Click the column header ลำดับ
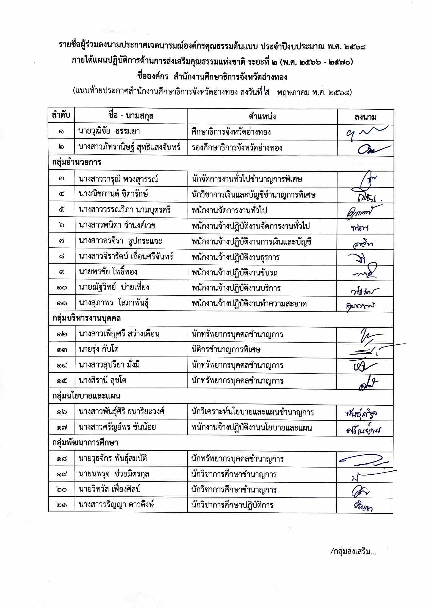tap(61, 116)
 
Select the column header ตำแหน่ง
tap(262, 117)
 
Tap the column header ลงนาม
tap(365, 117)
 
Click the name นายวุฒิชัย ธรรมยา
tap(109, 131)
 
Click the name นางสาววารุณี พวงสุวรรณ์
tap(118, 179)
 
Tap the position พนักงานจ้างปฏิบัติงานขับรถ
tap(235, 272)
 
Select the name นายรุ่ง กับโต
tap(99, 350)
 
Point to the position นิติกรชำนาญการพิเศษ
tap(226, 350)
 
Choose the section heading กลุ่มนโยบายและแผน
tap(86, 396)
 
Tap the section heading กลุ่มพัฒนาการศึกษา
tap(85, 443)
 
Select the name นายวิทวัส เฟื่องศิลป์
tap(110, 490)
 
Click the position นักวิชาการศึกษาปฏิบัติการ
tap(233, 505)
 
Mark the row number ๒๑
tap(61, 505)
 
